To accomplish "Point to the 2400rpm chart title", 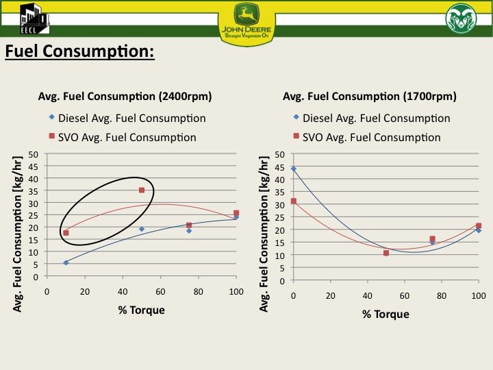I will (x=125, y=96).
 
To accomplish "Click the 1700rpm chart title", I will (x=370, y=96).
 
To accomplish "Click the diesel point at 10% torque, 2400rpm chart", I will (x=66, y=262).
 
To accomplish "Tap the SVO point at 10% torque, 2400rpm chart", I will (x=66, y=233).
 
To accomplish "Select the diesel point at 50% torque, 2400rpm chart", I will (x=142, y=229).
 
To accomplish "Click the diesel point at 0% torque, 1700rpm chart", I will (x=294, y=169).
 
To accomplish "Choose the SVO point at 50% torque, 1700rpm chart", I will (x=386, y=253).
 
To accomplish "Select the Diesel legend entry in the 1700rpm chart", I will (x=376, y=118).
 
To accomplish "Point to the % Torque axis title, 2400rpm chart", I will (x=141, y=310).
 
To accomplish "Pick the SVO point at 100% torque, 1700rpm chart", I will (x=479, y=225).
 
